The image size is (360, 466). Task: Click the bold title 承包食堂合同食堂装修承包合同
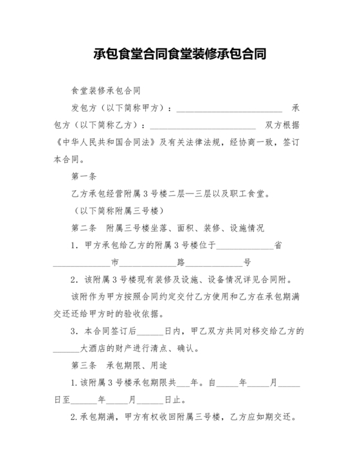pyautogui.click(x=180, y=53)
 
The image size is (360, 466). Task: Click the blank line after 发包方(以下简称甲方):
pyautogui.click(x=230, y=107)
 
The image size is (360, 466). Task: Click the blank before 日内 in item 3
pyautogui.click(x=152, y=332)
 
